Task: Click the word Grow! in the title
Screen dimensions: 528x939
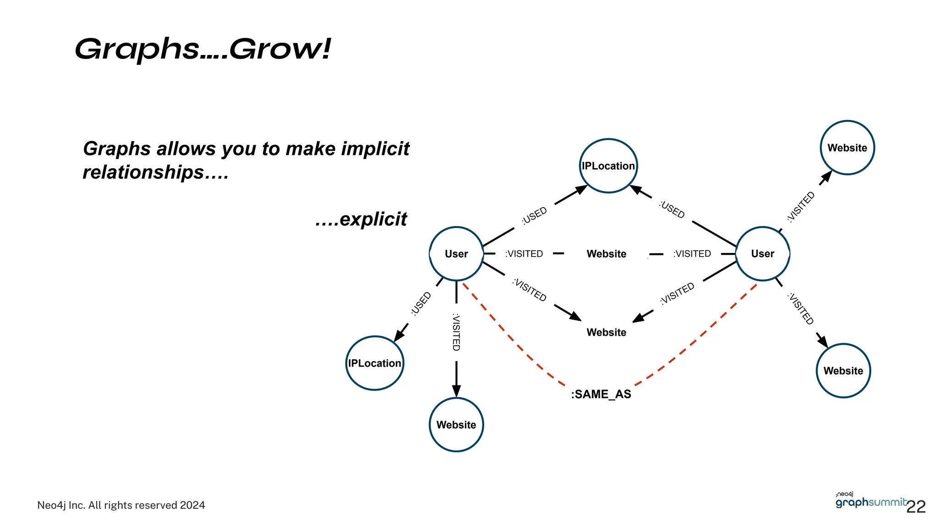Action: pyautogui.click(x=280, y=49)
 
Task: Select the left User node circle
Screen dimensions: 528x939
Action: pyautogui.click(x=456, y=253)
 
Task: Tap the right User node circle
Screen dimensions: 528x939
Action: pyautogui.click(x=762, y=253)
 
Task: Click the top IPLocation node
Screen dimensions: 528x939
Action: pyautogui.click(x=608, y=165)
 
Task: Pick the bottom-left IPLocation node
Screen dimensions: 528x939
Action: pyautogui.click(x=375, y=363)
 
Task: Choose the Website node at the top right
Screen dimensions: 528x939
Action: pyautogui.click(x=847, y=148)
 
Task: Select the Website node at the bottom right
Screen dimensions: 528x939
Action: pyautogui.click(x=843, y=370)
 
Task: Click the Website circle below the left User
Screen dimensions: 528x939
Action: pyautogui.click(x=456, y=424)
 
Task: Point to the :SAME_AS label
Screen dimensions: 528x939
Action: pyautogui.click(x=601, y=394)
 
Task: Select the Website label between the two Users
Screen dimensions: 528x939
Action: pyautogui.click(x=606, y=254)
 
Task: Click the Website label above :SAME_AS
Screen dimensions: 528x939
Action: pyautogui.click(x=606, y=332)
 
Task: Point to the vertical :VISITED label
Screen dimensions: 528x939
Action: pyautogui.click(x=456, y=332)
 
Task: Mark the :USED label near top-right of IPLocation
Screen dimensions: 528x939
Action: pyautogui.click(x=672, y=209)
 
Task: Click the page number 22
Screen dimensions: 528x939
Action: pyautogui.click(x=916, y=506)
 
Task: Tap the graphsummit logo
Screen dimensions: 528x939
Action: pyautogui.click(x=870, y=501)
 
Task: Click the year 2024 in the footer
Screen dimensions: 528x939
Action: pyautogui.click(x=192, y=505)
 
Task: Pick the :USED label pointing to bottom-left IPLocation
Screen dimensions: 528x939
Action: pyautogui.click(x=421, y=303)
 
